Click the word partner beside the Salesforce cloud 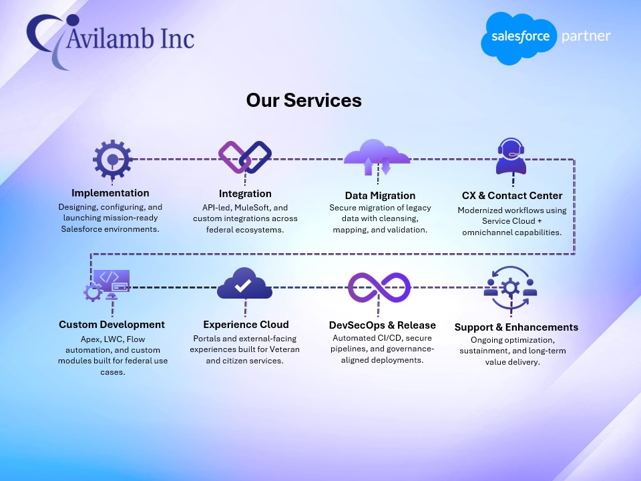pos(586,35)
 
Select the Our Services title pos(304,100)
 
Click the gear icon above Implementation pos(112,159)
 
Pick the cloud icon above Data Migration pos(377,158)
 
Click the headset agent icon pos(512,157)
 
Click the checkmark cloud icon pos(244,285)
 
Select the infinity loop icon pos(379,287)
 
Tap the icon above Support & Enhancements pos(511,288)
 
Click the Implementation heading pos(110,193)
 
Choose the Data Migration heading pos(380,195)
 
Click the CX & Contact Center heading pos(512,195)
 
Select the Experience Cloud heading pos(246,325)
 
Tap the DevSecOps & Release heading pos(382,325)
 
